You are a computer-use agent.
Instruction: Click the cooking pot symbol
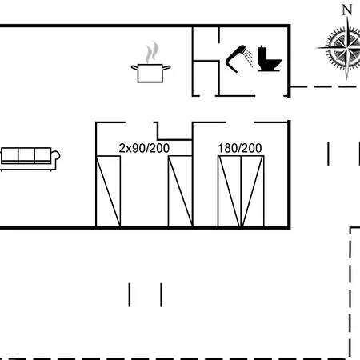(150, 73)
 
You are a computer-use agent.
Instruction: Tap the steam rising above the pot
(152, 52)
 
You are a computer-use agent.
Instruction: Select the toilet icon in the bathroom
(269, 58)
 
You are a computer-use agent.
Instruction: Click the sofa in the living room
(30, 159)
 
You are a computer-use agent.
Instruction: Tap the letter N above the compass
(347, 10)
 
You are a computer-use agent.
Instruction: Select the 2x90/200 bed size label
(144, 148)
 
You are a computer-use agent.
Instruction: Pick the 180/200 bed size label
(240, 148)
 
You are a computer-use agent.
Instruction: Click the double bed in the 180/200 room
(241, 191)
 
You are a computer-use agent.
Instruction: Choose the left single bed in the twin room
(108, 191)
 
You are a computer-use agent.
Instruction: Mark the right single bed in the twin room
(180, 191)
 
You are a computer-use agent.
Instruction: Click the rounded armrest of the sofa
(56, 155)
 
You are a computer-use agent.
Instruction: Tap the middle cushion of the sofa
(26, 154)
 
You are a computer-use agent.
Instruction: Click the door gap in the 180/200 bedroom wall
(240, 122)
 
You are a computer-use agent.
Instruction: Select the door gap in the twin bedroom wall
(139, 122)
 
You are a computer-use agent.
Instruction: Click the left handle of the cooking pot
(134, 68)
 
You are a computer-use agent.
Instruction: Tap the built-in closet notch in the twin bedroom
(174, 130)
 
